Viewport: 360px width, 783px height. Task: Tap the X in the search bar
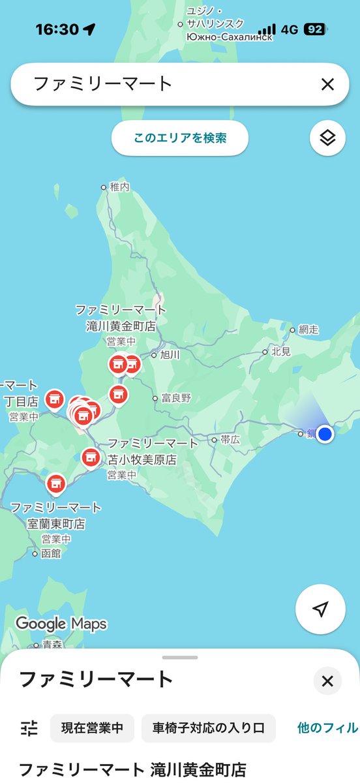(x=327, y=84)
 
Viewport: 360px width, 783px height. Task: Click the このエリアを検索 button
(x=180, y=138)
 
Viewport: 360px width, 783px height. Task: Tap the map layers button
(x=327, y=138)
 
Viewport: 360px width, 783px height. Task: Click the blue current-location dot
(x=325, y=434)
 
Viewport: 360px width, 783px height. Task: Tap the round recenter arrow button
(x=320, y=609)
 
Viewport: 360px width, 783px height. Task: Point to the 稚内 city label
(x=119, y=187)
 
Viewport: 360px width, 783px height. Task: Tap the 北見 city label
(x=281, y=352)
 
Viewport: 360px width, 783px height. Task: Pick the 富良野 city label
(x=176, y=398)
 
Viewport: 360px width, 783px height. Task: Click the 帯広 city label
(x=230, y=440)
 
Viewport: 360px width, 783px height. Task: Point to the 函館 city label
(x=50, y=553)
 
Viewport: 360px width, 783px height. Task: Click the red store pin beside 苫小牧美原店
(x=91, y=458)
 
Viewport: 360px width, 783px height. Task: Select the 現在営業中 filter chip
(x=92, y=728)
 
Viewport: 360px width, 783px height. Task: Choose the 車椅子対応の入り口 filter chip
(x=208, y=728)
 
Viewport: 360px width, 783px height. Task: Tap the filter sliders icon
(x=29, y=728)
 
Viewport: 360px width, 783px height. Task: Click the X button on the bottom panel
(x=327, y=682)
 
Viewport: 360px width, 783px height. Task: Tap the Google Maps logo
(x=61, y=624)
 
